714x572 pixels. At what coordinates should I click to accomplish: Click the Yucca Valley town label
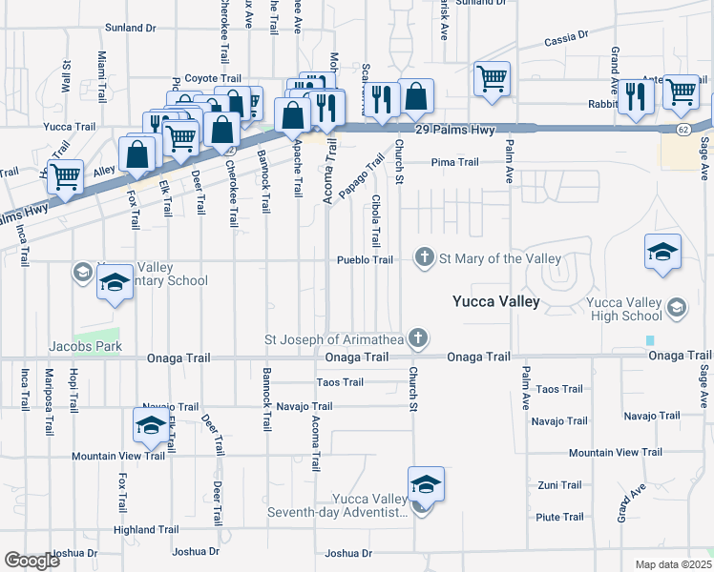click(495, 302)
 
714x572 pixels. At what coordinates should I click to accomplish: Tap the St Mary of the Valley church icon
click(424, 258)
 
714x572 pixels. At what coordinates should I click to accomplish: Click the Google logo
click(31, 561)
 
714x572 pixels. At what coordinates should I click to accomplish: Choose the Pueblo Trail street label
click(364, 260)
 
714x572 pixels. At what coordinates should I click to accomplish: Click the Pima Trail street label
click(454, 162)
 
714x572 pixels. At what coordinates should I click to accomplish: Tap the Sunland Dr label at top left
click(130, 29)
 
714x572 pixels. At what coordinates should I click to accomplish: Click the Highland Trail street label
click(146, 529)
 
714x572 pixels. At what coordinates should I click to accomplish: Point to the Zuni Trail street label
click(559, 485)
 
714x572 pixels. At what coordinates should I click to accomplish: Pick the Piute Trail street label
click(559, 517)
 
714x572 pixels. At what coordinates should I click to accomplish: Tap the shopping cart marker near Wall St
click(65, 176)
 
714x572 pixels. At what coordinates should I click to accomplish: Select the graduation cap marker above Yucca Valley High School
click(662, 252)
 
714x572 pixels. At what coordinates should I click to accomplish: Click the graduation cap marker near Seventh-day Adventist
click(426, 484)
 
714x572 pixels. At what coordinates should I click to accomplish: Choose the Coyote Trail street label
click(213, 78)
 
